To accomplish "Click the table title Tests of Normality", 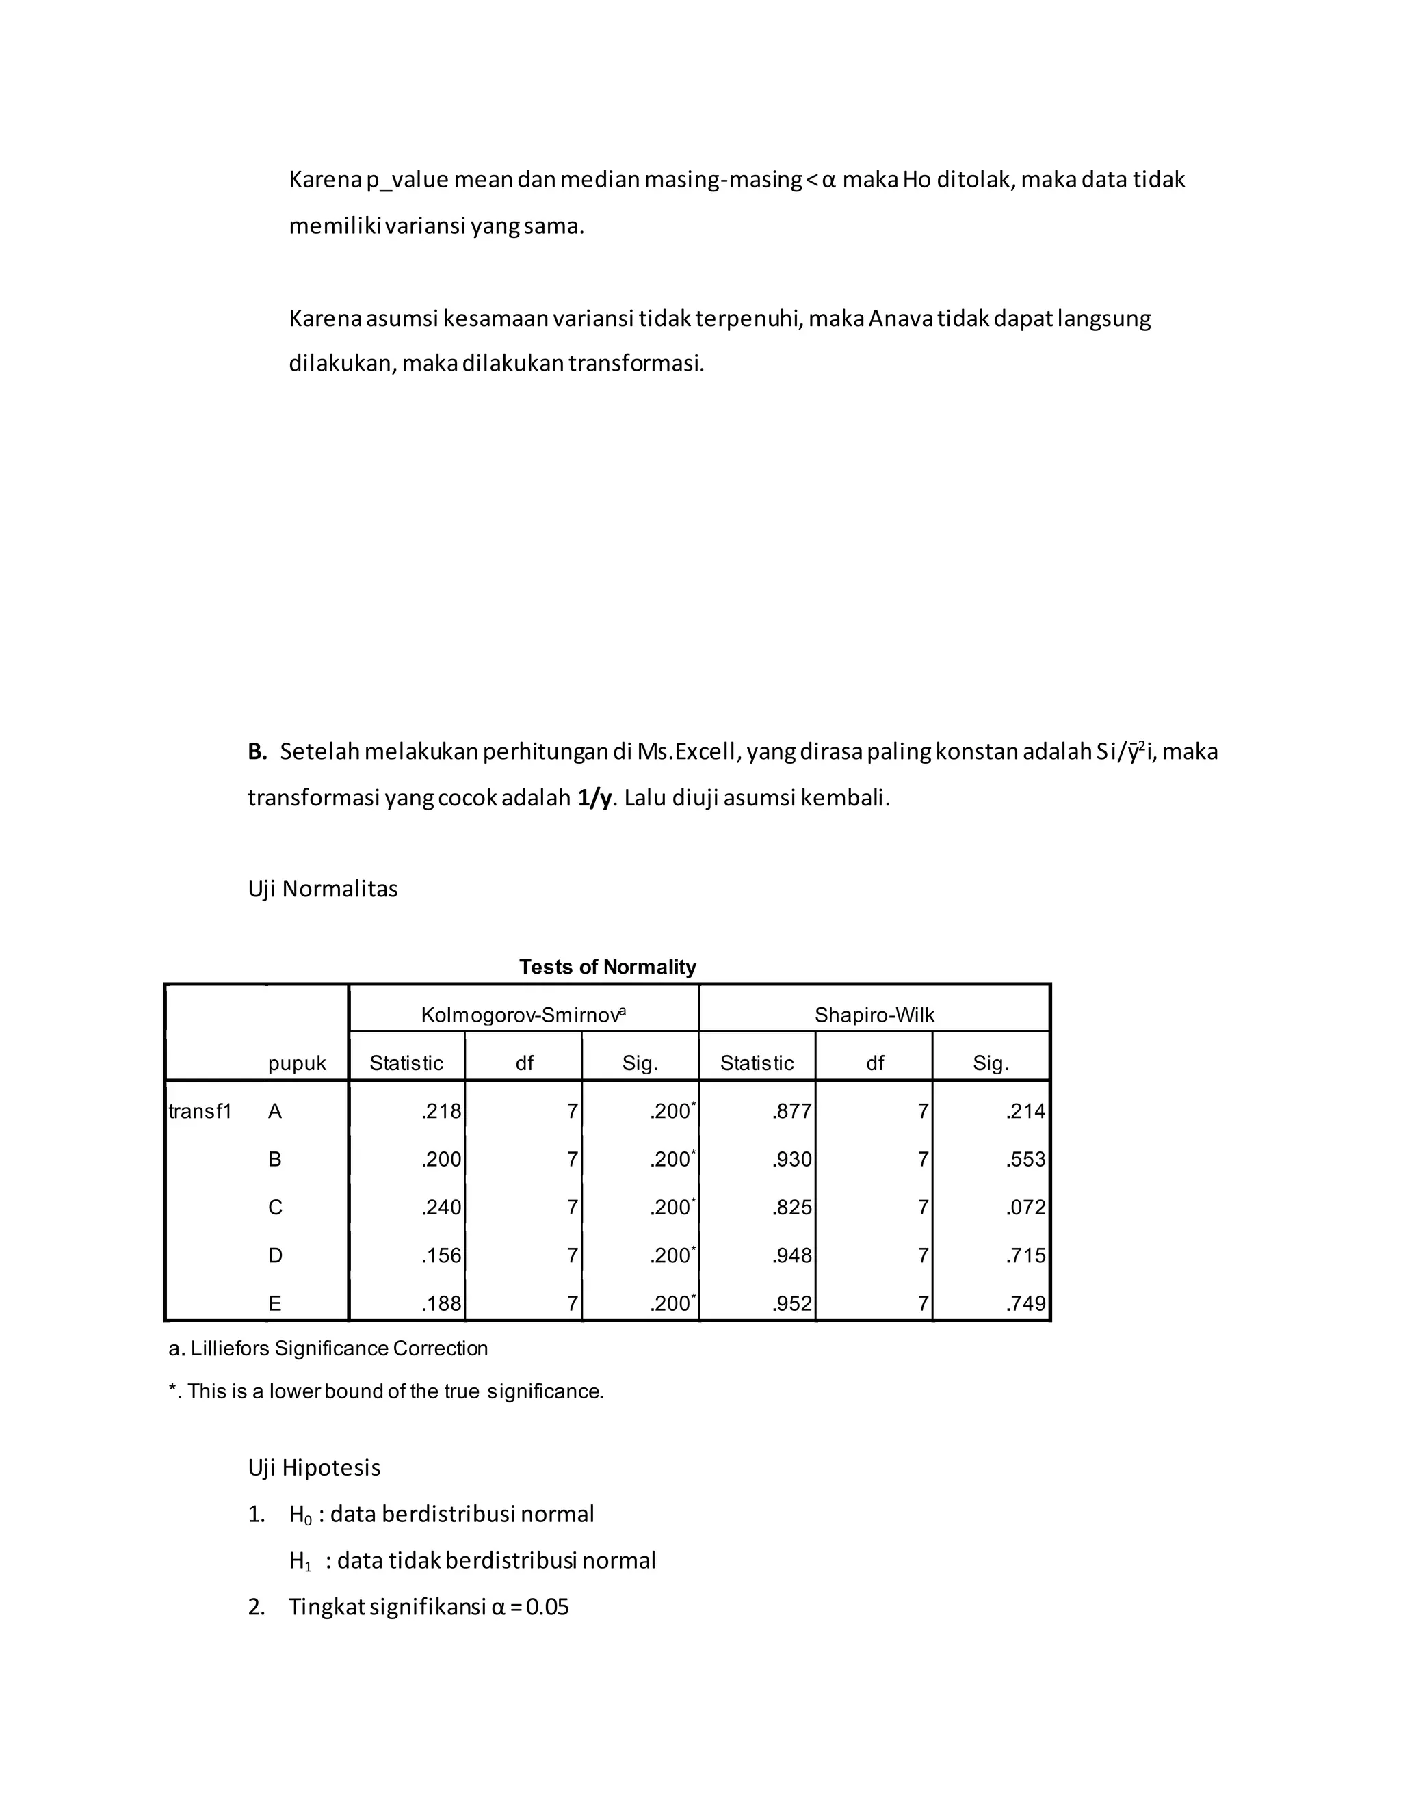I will tap(607, 967).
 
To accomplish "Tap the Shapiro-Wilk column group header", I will tap(874, 1015).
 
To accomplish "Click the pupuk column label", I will tap(296, 1064).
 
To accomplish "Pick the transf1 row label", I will tap(199, 1111).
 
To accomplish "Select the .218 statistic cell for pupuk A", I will tap(441, 1111).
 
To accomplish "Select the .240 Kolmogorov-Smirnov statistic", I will tap(441, 1207).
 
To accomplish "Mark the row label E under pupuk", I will tap(275, 1303).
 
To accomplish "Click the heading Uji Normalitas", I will tap(322, 889).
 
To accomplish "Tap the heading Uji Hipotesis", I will tap(314, 1467).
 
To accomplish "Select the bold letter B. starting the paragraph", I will tap(257, 751).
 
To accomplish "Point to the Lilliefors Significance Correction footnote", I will tap(328, 1348).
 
